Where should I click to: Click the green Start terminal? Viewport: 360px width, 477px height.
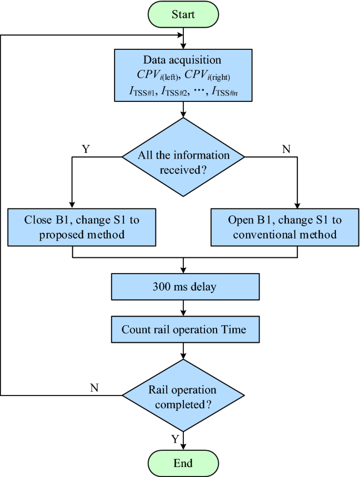pyautogui.click(x=183, y=14)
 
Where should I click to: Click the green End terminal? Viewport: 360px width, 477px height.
pyautogui.click(x=183, y=463)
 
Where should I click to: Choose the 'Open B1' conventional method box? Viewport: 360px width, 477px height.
pyautogui.click(x=282, y=227)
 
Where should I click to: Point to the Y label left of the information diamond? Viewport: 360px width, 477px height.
pyautogui.click(x=86, y=149)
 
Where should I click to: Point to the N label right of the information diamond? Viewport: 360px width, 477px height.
pyautogui.click(x=286, y=149)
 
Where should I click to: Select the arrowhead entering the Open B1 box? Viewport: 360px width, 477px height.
pyautogui.click(x=298, y=205)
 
